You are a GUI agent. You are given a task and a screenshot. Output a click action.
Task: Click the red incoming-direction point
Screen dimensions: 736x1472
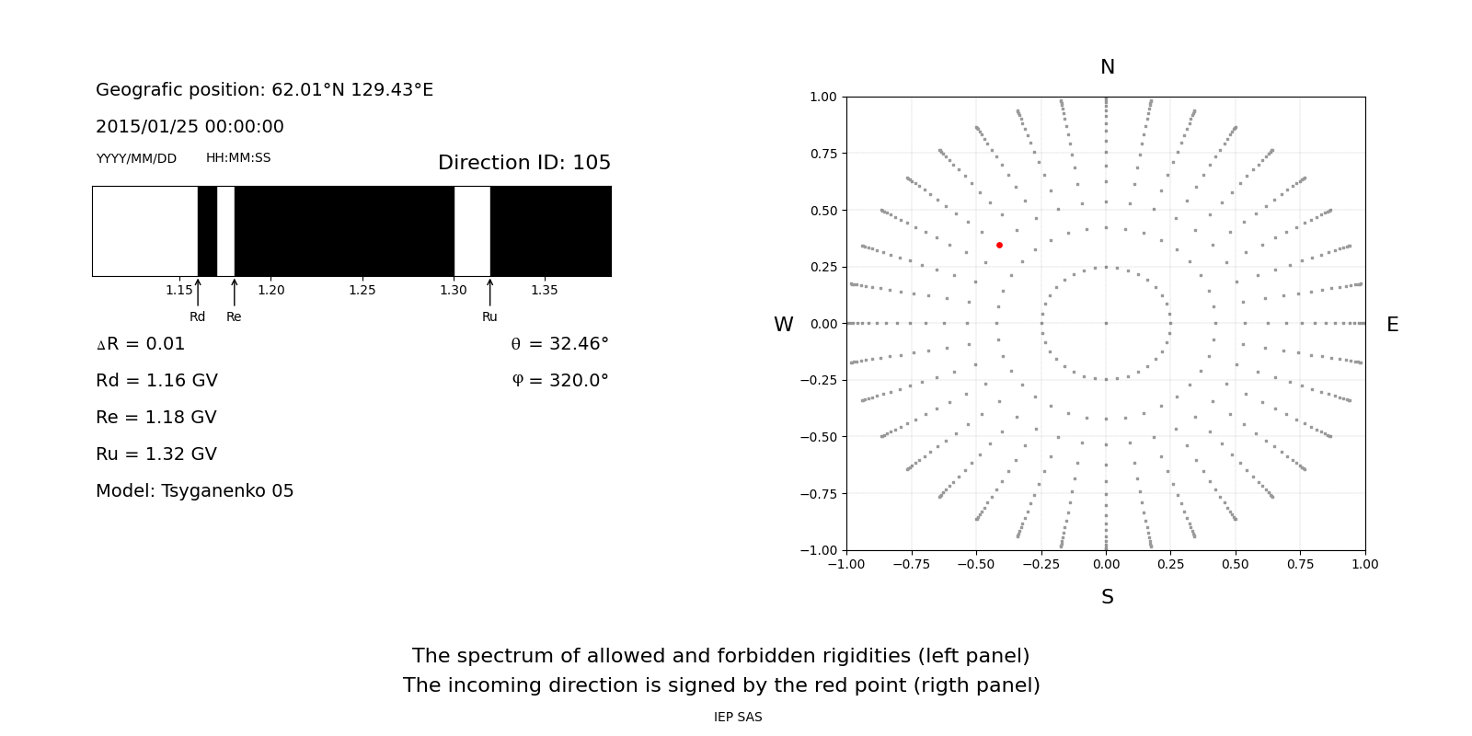point(999,245)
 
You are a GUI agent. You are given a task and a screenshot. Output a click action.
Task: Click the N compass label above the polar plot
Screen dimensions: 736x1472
point(1107,67)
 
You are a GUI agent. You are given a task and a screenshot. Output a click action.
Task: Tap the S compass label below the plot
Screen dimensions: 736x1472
point(1107,597)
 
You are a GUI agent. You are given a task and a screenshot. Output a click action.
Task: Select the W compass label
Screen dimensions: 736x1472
point(783,325)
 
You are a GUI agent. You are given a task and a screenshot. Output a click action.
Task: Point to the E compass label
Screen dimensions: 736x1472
point(1392,325)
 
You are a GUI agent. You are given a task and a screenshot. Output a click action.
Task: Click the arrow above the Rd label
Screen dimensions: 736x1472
point(198,293)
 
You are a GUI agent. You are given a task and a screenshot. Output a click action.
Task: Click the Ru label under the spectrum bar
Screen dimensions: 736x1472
point(489,316)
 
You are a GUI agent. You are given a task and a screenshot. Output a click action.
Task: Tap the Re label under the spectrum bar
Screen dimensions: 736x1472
point(234,316)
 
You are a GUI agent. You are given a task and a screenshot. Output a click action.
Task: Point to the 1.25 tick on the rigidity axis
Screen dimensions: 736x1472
point(362,290)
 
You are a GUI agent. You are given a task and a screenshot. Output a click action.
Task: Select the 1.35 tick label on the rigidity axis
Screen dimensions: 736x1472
point(544,290)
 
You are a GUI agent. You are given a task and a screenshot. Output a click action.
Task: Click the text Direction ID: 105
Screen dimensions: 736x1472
point(524,163)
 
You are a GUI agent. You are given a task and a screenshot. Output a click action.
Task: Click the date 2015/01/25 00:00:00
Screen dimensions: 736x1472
point(190,127)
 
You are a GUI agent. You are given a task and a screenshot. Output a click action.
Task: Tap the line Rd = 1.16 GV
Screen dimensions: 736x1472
point(156,381)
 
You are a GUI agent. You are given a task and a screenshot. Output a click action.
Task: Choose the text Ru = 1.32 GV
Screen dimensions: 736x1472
point(156,454)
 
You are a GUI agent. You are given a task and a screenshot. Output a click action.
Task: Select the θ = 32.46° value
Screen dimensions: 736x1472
point(559,344)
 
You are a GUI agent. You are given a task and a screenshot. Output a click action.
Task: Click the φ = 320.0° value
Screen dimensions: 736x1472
point(559,381)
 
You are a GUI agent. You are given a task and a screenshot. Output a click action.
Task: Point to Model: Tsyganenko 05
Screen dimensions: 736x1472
point(195,491)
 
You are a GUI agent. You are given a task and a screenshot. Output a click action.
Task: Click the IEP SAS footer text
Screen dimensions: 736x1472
point(738,717)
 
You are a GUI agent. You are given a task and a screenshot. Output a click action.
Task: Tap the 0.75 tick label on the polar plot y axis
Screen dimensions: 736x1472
point(822,154)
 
